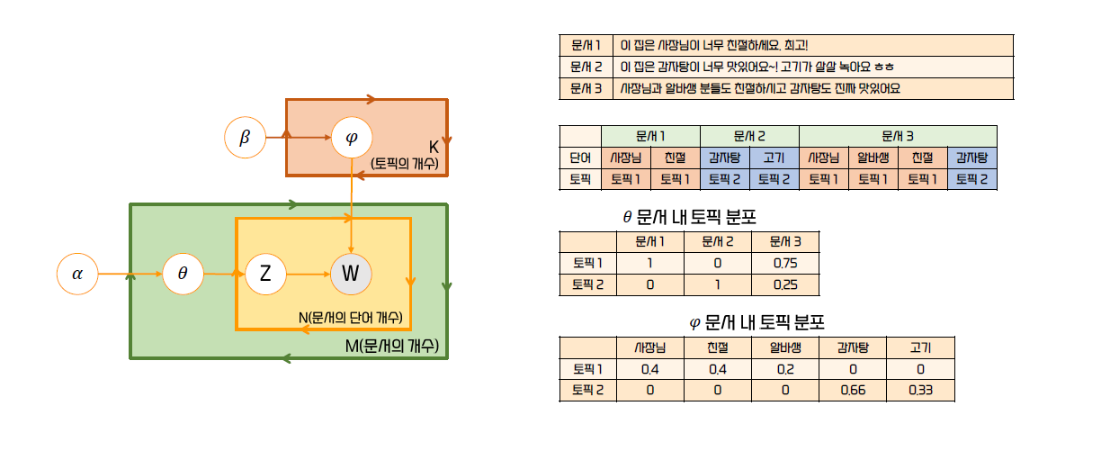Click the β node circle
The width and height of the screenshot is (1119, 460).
click(x=245, y=139)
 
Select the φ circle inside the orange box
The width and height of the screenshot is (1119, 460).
click(x=351, y=139)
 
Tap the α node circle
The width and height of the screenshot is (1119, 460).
click(x=77, y=274)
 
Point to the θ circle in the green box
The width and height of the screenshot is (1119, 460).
click(x=183, y=274)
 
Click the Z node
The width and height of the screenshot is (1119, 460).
click(x=265, y=274)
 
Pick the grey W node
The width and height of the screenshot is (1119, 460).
click(x=351, y=274)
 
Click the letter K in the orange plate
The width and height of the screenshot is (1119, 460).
click(x=434, y=146)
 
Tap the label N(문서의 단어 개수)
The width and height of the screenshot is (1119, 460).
click(x=350, y=319)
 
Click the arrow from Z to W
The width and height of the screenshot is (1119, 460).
click(x=308, y=274)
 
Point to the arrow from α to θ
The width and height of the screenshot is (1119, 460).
click(x=130, y=274)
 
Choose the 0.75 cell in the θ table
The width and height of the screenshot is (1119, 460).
click(x=784, y=264)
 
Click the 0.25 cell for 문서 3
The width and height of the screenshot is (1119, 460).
click(x=784, y=285)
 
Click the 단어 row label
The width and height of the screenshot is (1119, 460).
click(x=580, y=157)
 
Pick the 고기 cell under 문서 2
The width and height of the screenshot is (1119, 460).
click(x=774, y=157)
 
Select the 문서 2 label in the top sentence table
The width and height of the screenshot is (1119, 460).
click(x=586, y=67)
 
